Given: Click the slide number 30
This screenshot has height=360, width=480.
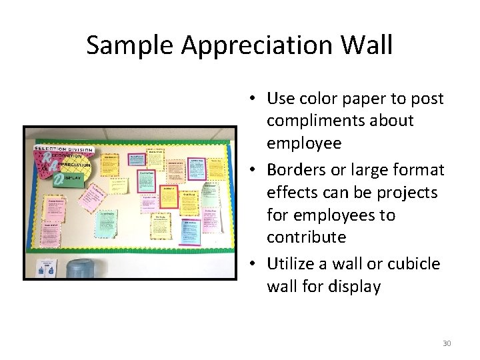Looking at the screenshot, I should point(447,343).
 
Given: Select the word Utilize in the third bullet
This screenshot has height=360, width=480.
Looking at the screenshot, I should point(291,264).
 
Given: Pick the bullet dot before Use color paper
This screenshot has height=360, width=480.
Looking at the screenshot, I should point(257,99).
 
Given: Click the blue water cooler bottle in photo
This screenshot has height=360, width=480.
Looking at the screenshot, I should point(83,268).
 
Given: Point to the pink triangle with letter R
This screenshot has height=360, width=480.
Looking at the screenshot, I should point(45,159).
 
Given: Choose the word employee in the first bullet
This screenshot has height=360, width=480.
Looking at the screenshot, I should point(304,143).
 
